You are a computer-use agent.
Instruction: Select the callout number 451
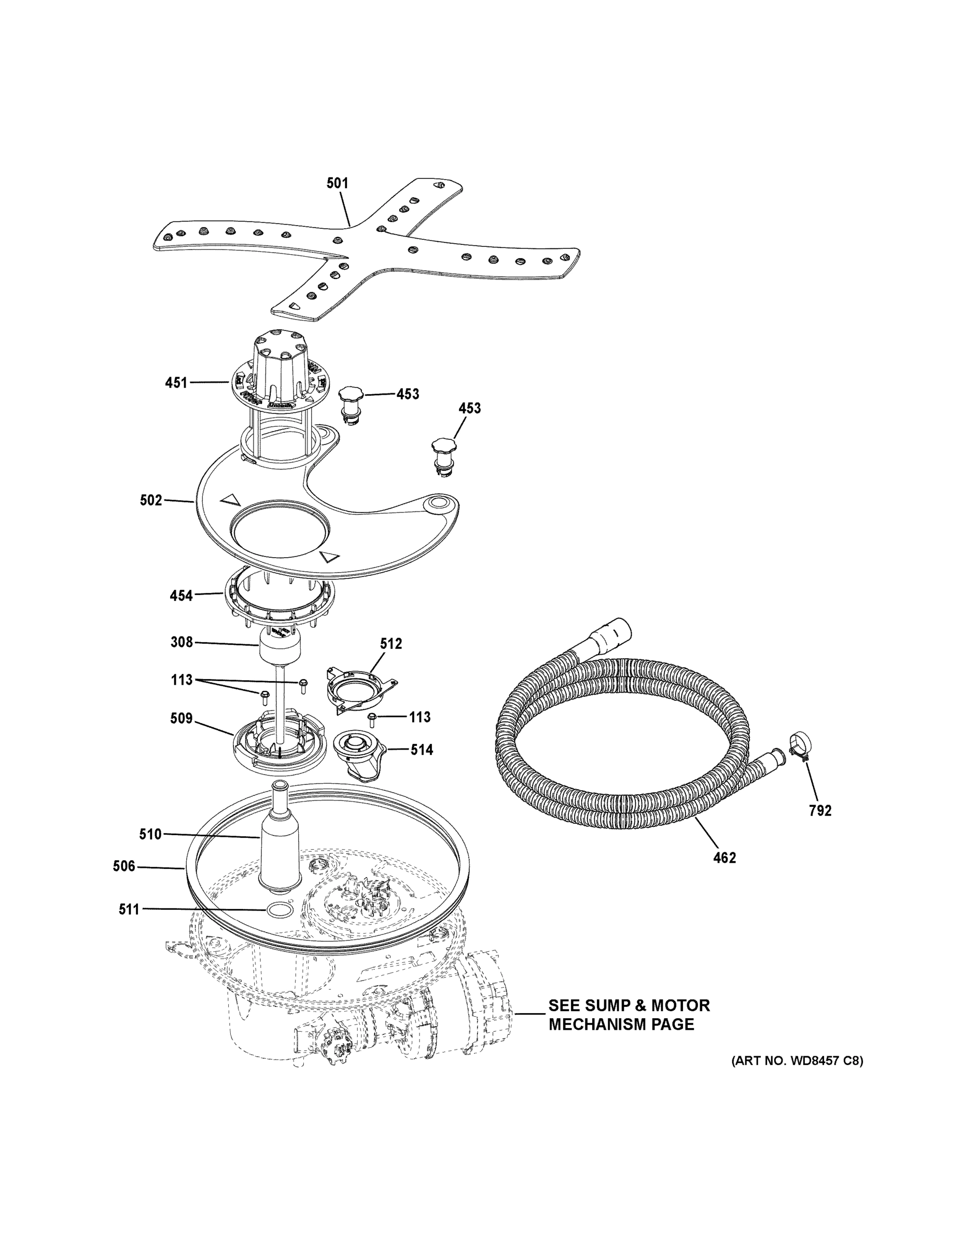[176, 382]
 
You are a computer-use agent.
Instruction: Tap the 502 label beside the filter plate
[151, 501]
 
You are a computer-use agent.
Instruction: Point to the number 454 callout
[181, 596]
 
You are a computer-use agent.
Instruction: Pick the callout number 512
[391, 644]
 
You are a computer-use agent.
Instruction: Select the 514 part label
[422, 750]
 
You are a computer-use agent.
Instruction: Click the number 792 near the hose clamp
[820, 811]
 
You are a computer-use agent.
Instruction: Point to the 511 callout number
[129, 909]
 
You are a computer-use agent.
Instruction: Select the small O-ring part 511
[276, 910]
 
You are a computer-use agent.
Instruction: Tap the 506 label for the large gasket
[124, 866]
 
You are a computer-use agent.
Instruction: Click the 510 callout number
[150, 835]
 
